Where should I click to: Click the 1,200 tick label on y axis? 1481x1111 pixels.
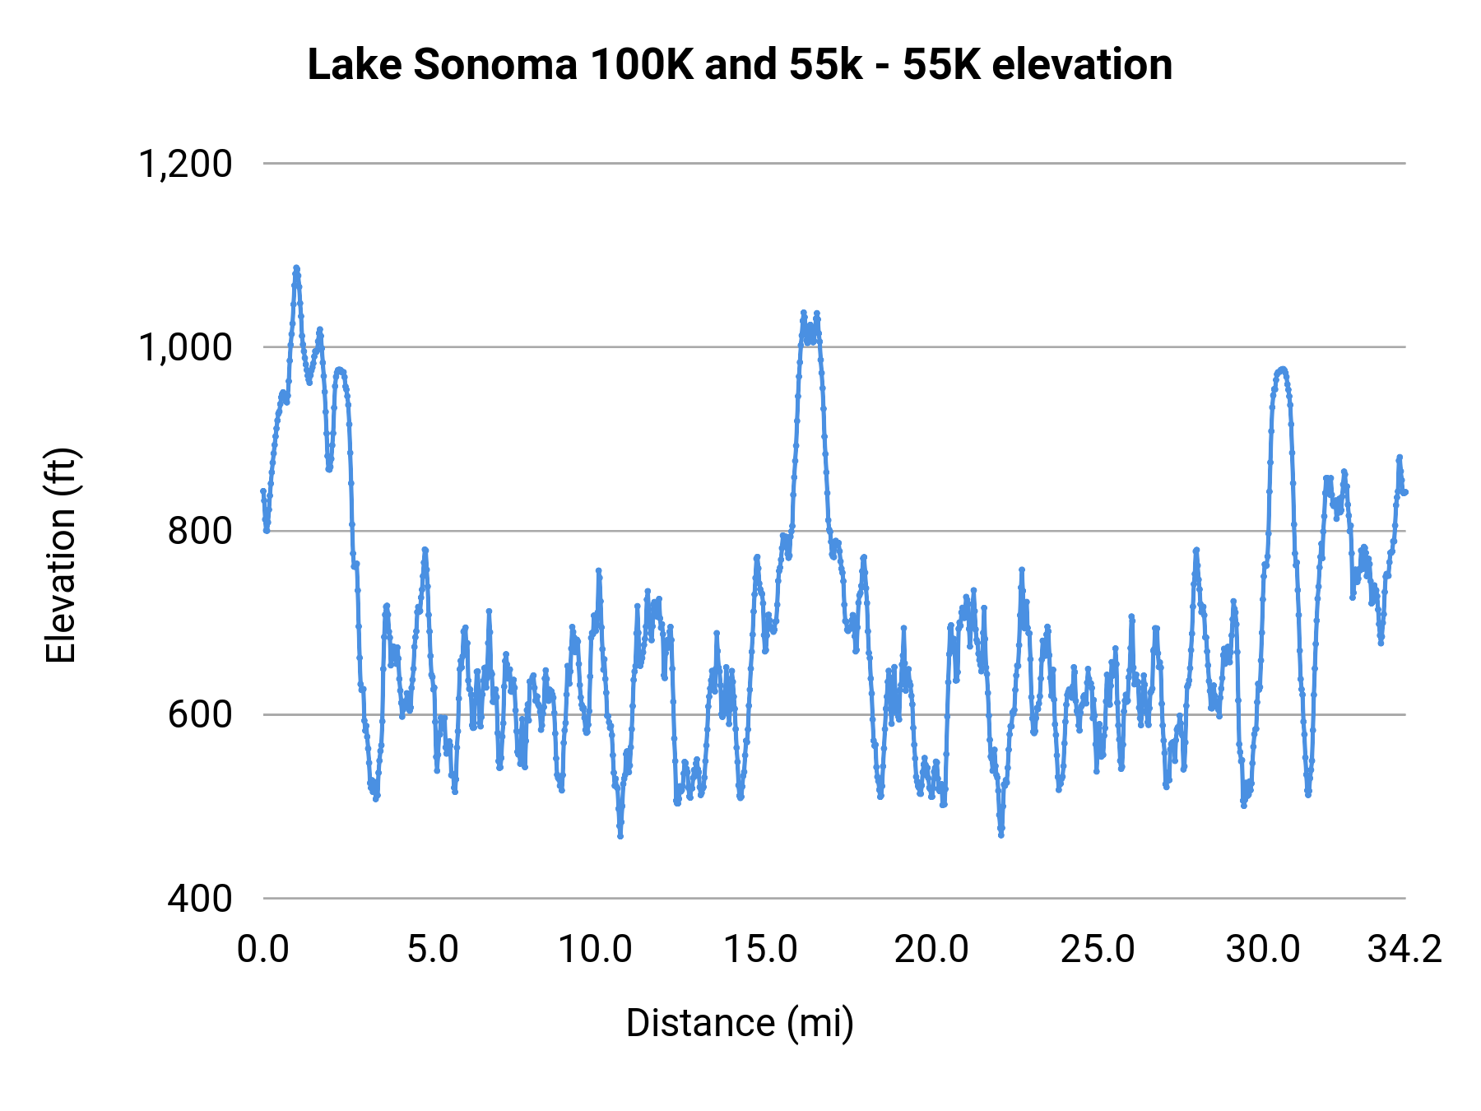point(185,164)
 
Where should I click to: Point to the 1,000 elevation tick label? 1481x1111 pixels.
point(185,347)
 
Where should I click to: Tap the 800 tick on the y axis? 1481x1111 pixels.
point(200,531)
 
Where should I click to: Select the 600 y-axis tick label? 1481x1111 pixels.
point(200,714)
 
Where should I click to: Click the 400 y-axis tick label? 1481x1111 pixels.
point(200,898)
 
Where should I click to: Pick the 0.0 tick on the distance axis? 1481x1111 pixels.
point(263,950)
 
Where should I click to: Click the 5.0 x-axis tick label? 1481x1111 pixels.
point(433,950)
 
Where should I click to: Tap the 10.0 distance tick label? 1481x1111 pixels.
point(595,950)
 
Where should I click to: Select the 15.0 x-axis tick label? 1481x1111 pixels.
point(760,950)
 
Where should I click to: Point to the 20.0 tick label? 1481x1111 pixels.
point(931,950)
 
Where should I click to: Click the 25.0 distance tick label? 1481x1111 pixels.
point(1098,950)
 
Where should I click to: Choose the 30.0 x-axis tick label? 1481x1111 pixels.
point(1263,950)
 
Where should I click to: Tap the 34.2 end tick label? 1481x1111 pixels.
point(1404,950)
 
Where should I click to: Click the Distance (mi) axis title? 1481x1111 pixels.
point(740,1024)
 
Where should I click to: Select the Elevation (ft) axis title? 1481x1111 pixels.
point(61,555)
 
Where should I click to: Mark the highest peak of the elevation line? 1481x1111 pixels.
point(296,268)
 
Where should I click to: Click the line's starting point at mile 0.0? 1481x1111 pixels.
point(263,491)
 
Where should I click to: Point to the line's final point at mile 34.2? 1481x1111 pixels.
point(1405,492)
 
